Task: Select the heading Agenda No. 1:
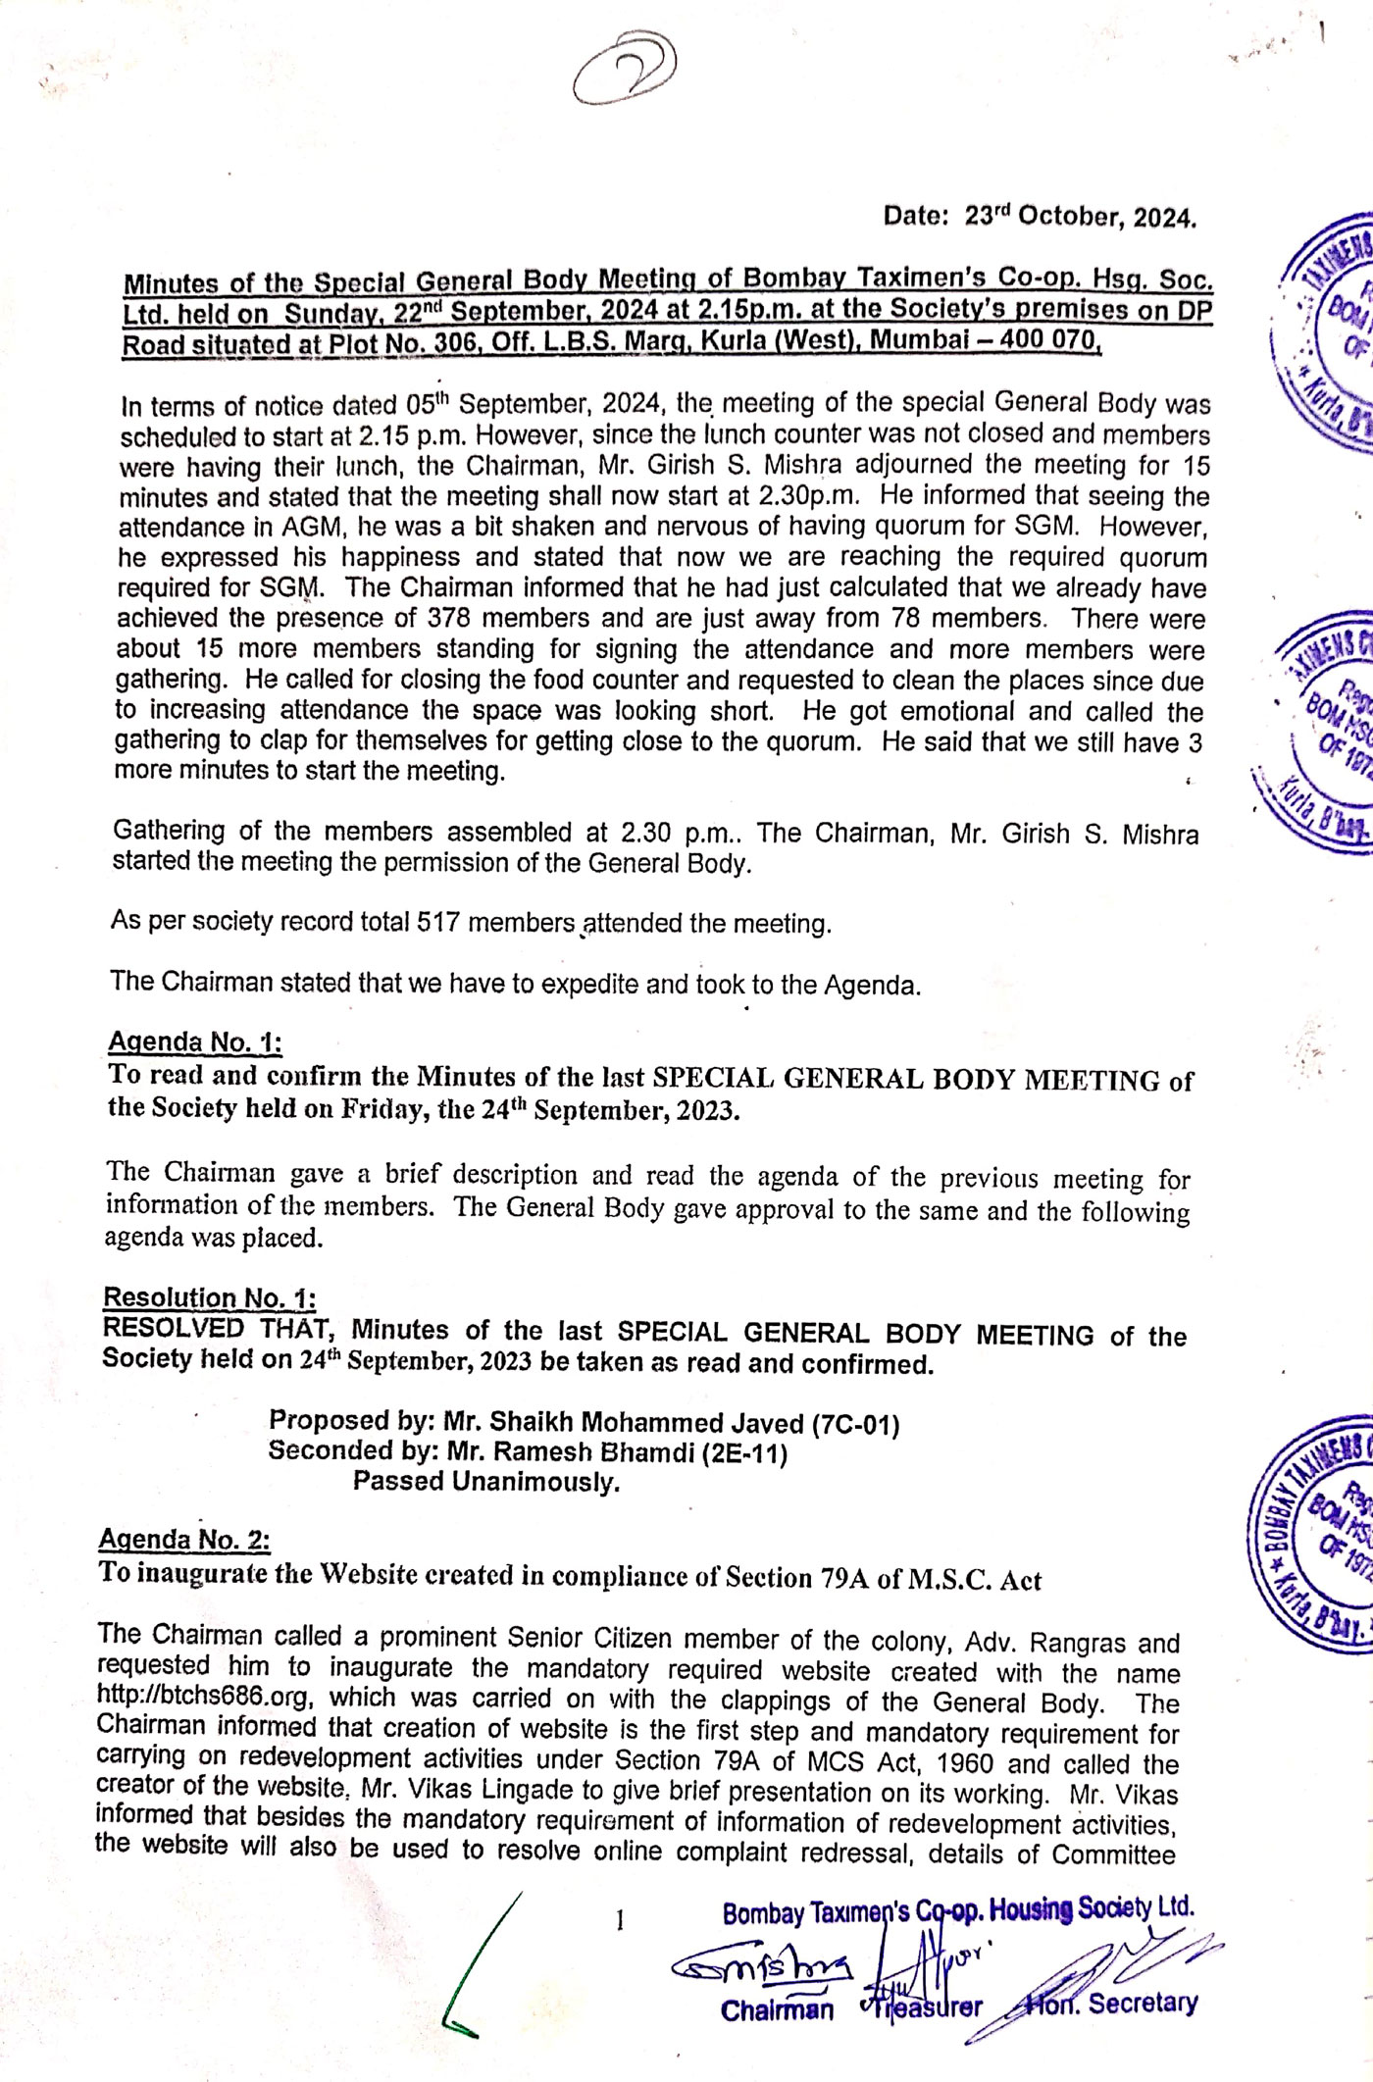click(195, 1041)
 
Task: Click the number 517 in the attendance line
click(439, 923)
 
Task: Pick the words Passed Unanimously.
click(486, 1482)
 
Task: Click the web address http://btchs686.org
click(204, 1697)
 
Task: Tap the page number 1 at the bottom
click(619, 1921)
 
